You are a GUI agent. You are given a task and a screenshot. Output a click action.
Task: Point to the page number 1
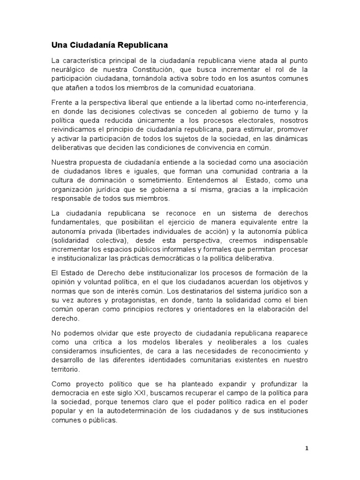point(307,448)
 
